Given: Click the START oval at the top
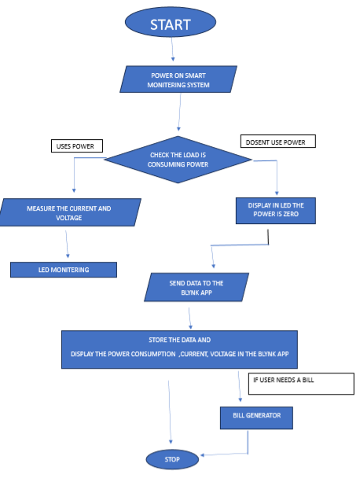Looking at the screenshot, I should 170,24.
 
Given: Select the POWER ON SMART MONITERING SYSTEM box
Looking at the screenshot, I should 179,79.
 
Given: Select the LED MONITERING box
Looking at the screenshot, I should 64,270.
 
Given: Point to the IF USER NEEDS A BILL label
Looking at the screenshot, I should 292,381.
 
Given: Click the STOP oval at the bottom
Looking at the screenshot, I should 173,458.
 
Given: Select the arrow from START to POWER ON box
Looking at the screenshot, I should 172,49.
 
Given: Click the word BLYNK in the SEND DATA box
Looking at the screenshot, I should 182,292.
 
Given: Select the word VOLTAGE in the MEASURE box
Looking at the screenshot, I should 69,218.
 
